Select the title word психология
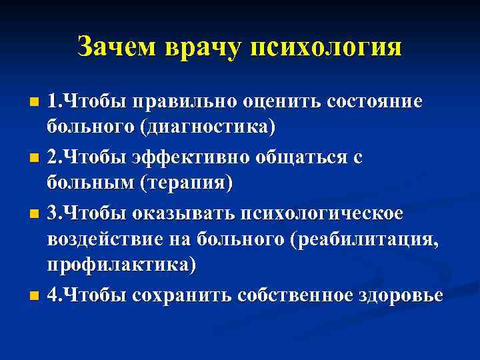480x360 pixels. point(327,47)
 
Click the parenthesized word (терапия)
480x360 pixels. point(183,183)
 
